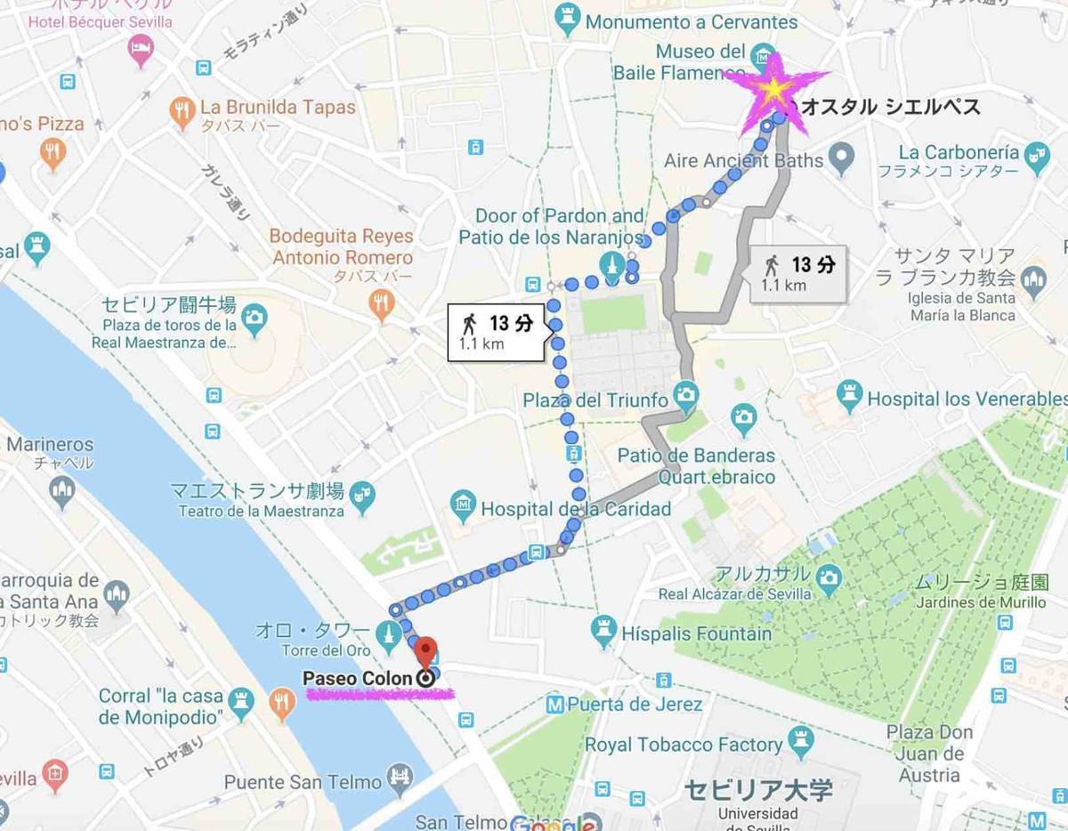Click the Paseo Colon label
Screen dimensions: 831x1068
click(358, 678)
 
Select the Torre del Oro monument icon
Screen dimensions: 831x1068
click(388, 634)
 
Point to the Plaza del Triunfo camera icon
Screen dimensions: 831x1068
click(684, 392)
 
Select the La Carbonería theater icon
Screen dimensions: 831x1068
click(1034, 152)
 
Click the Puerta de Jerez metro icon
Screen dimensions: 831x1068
click(555, 705)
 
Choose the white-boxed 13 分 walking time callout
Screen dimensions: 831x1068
click(495, 332)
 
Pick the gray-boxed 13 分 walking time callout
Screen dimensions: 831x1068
click(797, 273)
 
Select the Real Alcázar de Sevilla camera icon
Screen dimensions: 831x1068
click(829, 575)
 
